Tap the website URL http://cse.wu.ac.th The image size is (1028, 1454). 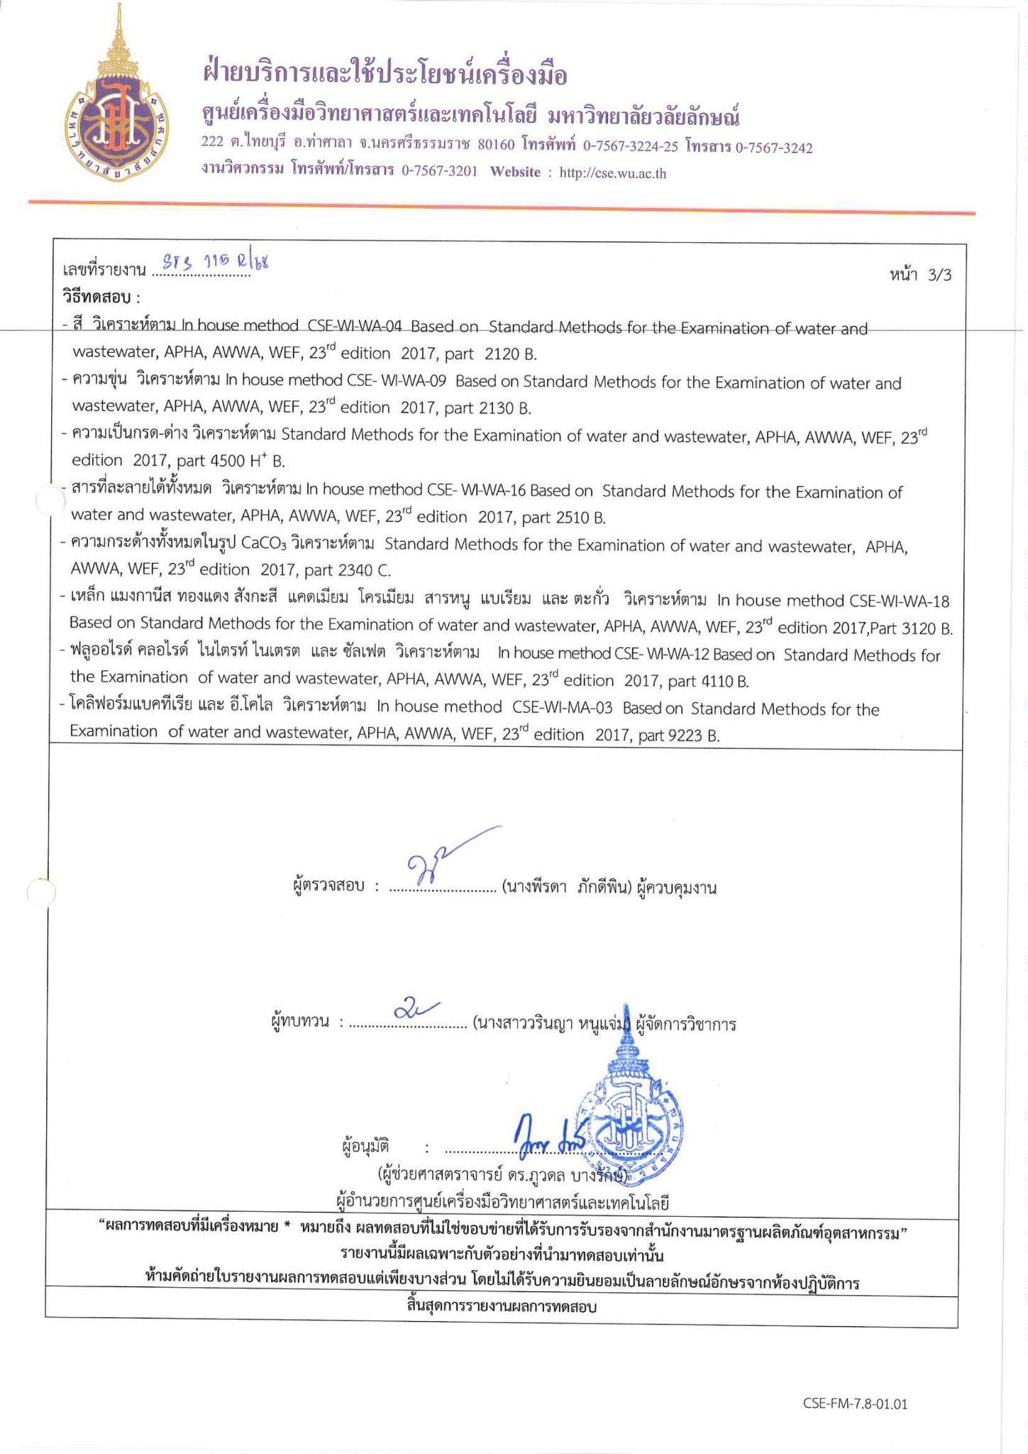point(613,173)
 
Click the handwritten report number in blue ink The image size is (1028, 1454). point(212,264)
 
